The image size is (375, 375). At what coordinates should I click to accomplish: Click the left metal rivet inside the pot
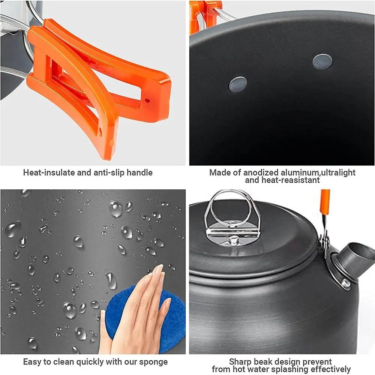pyautogui.click(x=238, y=84)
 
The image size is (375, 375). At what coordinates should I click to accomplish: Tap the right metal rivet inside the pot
pyautogui.click(x=322, y=61)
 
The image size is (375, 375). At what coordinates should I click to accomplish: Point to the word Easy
pyautogui.click(x=32, y=362)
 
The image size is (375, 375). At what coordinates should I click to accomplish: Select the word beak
pyautogui.click(x=267, y=362)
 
